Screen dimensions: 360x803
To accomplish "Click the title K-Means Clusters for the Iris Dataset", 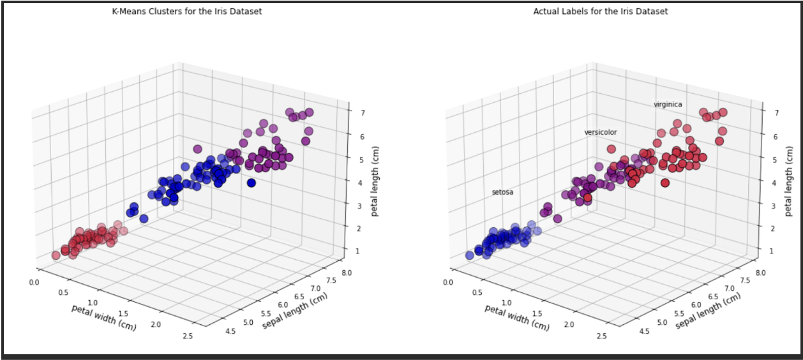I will coord(186,11).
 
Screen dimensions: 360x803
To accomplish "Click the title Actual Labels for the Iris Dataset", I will coord(600,11).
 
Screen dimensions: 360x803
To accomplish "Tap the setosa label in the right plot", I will coord(502,192).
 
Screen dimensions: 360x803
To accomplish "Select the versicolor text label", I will coord(601,133).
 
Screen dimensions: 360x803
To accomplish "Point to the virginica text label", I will coord(668,104).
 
